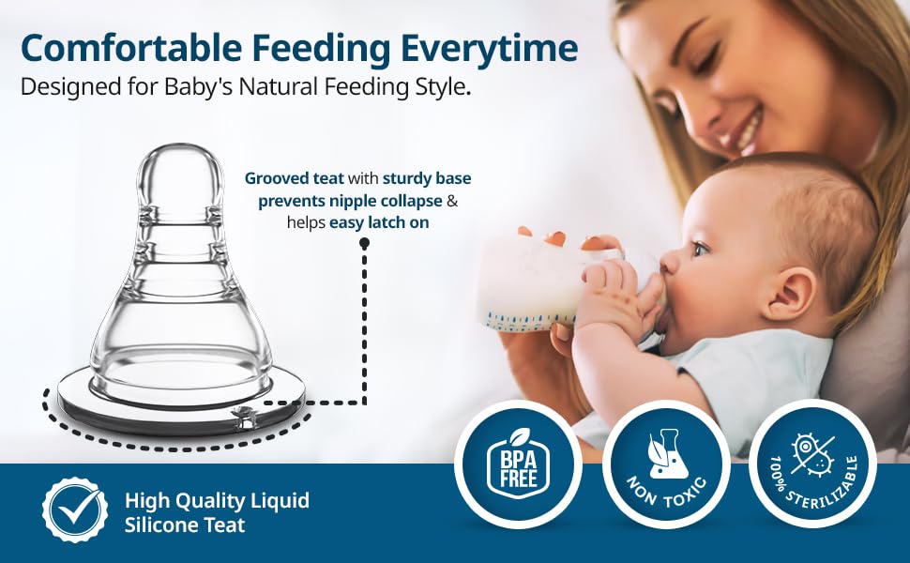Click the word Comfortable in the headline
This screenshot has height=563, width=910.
click(x=131, y=48)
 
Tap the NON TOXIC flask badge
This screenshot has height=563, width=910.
click(x=666, y=464)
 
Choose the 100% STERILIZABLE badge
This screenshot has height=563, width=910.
click(x=813, y=464)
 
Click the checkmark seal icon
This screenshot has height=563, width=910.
click(x=75, y=510)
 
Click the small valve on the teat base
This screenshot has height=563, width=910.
click(x=243, y=418)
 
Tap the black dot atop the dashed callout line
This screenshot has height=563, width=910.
click(x=364, y=244)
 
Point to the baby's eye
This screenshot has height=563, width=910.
click(x=701, y=249)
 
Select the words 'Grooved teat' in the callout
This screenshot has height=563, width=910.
click(x=294, y=178)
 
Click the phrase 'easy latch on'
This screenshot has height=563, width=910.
click(x=379, y=222)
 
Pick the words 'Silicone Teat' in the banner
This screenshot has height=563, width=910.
click(x=185, y=525)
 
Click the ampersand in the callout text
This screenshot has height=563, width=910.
click(x=452, y=201)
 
